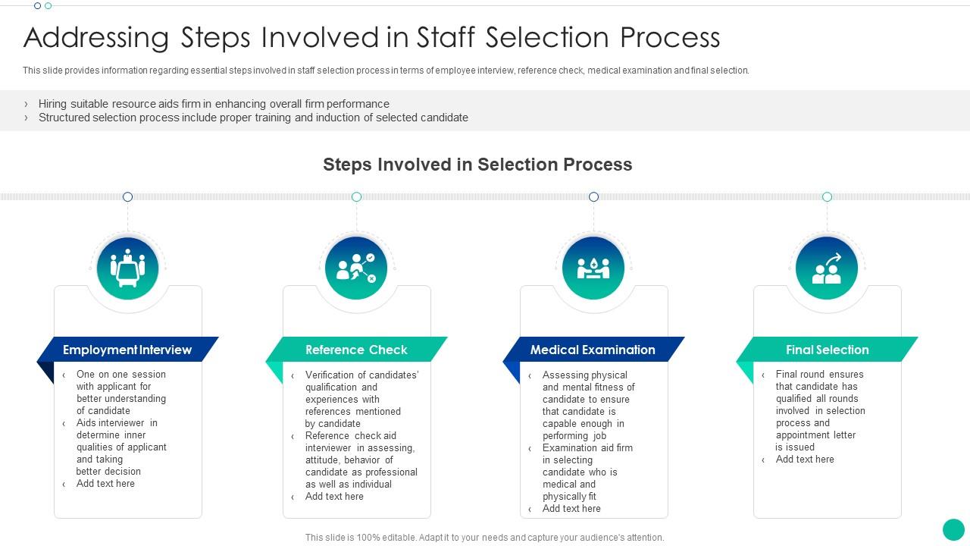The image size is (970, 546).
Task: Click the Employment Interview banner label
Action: pyautogui.click(x=127, y=350)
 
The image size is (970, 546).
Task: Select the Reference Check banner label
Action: pyautogui.click(x=356, y=350)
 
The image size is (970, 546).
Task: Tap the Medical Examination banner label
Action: pyautogui.click(x=593, y=350)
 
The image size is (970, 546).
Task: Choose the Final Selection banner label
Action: pyautogui.click(x=828, y=350)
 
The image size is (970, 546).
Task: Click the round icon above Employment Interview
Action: pyautogui.click(x=128, y=268)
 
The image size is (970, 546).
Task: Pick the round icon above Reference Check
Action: pyautogui.click(x=356, y=268)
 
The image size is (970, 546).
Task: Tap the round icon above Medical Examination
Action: pyautogui.click(x=593, y=268)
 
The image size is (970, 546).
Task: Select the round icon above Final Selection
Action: pyautogui.click(x=827, y=268)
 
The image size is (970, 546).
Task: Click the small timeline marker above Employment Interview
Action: pyautogui.click(x=128, y=197)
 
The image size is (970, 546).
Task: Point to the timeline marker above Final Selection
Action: pyautogui.click(x=827, y=197)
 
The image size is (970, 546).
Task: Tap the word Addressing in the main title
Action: pyautogui.click(x=96, y=38)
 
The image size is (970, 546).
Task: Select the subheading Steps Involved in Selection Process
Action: pyautogui.click(x=477, y=165)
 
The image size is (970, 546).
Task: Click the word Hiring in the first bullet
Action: pyautogui.click(x=52, y=104)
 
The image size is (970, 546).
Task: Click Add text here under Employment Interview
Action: pyautogui.click(x=105, y=484)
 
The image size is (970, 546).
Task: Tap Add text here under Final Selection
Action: pyautogui.click(x=805, y=460)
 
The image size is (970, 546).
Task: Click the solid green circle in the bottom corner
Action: pyautogui.click(x=953, y=529)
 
